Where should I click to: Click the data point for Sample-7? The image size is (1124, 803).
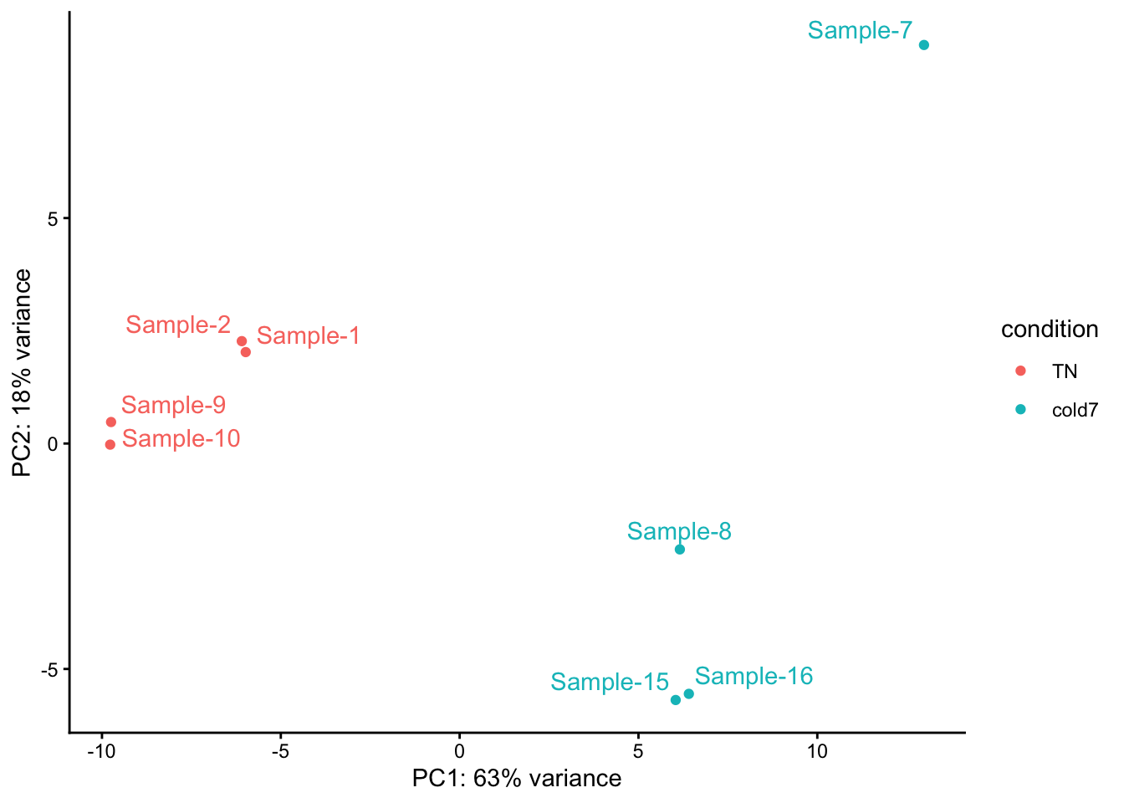tap(923, 45)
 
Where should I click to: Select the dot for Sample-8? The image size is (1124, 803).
tap(680, 550)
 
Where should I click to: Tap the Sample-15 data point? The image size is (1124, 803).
tap(676, 700)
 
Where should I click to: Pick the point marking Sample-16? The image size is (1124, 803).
tap(688, 693)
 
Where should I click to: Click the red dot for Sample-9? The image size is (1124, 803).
tap(111, 422)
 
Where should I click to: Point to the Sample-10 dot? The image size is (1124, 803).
tap(110, 444)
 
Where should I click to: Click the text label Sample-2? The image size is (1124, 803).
tap(178, 325)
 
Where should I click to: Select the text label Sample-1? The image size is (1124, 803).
tap(308, 335)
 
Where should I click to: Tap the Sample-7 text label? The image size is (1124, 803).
tap(860, 31)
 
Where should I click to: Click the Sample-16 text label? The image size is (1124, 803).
tap(754, 676)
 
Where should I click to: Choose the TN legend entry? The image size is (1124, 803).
tap(1065, 371)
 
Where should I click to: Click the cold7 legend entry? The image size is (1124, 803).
tap(1075, 410)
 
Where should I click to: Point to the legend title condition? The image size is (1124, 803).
tap(1050, 330)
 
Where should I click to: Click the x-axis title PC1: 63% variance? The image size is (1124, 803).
tap(517, 779)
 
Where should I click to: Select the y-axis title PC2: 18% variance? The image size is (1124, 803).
tap(23, 373)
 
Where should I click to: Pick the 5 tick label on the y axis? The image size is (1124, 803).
tap(53, 219)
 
